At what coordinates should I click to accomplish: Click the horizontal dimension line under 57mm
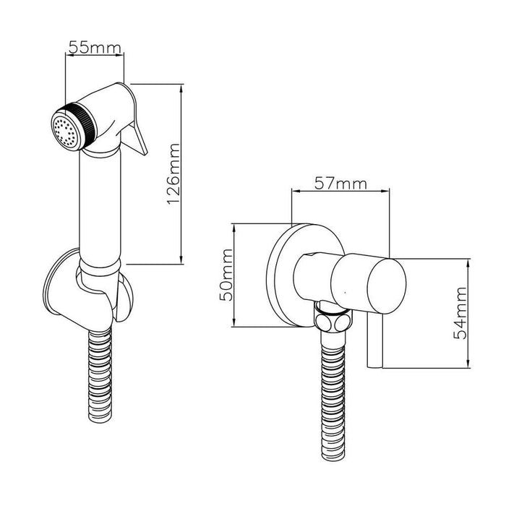tap(339, 192)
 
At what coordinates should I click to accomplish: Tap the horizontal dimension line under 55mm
tap(95, 54)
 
